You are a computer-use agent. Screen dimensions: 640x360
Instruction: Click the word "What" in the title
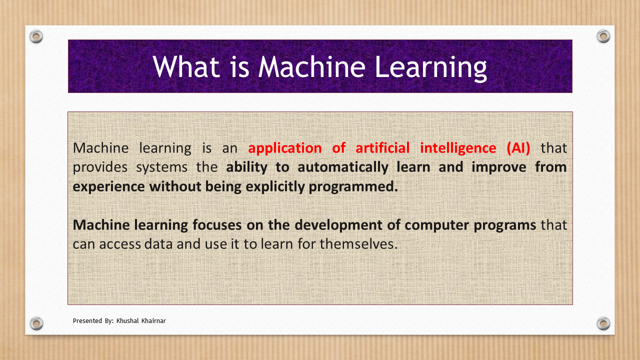(186, 66)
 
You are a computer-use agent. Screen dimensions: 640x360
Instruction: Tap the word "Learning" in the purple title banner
(431, 68)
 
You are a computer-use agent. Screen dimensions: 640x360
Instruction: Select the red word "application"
(285, 148)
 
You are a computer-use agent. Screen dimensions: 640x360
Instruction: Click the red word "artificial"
(382, 147)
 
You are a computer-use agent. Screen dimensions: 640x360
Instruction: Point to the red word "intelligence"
(458, 148)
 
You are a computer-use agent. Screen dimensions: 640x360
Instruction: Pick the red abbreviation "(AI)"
(518, 148)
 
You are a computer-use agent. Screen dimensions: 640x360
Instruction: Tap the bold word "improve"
(499, 167)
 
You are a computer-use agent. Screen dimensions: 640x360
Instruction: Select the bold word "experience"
(109, 187)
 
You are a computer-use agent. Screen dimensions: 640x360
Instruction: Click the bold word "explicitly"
(275, 187)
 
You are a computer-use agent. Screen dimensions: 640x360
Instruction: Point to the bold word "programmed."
(353, 187)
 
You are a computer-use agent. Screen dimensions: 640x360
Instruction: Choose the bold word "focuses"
(217, 225)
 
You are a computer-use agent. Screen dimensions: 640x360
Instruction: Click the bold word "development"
(338, 225)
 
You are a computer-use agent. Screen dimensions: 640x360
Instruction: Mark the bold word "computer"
(437, 225)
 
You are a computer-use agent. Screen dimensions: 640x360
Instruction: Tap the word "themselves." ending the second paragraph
(358, 244)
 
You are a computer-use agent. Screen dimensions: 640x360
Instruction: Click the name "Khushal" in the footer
(127, 321)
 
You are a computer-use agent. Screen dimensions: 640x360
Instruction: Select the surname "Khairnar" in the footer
(153, 321)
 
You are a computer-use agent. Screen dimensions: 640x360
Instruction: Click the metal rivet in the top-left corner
(36, 36)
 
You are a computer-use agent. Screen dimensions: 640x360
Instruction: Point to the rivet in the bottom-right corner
(603, 323)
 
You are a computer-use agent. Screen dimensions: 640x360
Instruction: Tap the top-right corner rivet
(603, 36)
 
